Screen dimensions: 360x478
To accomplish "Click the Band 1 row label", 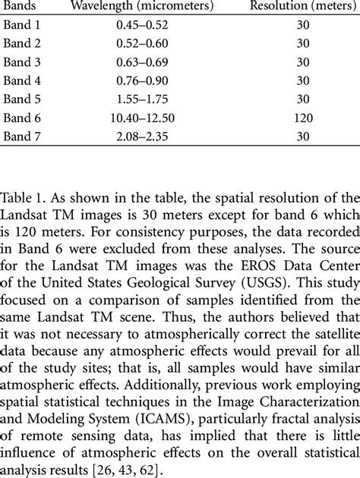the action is pyautogui.click(x=24, y=26).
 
